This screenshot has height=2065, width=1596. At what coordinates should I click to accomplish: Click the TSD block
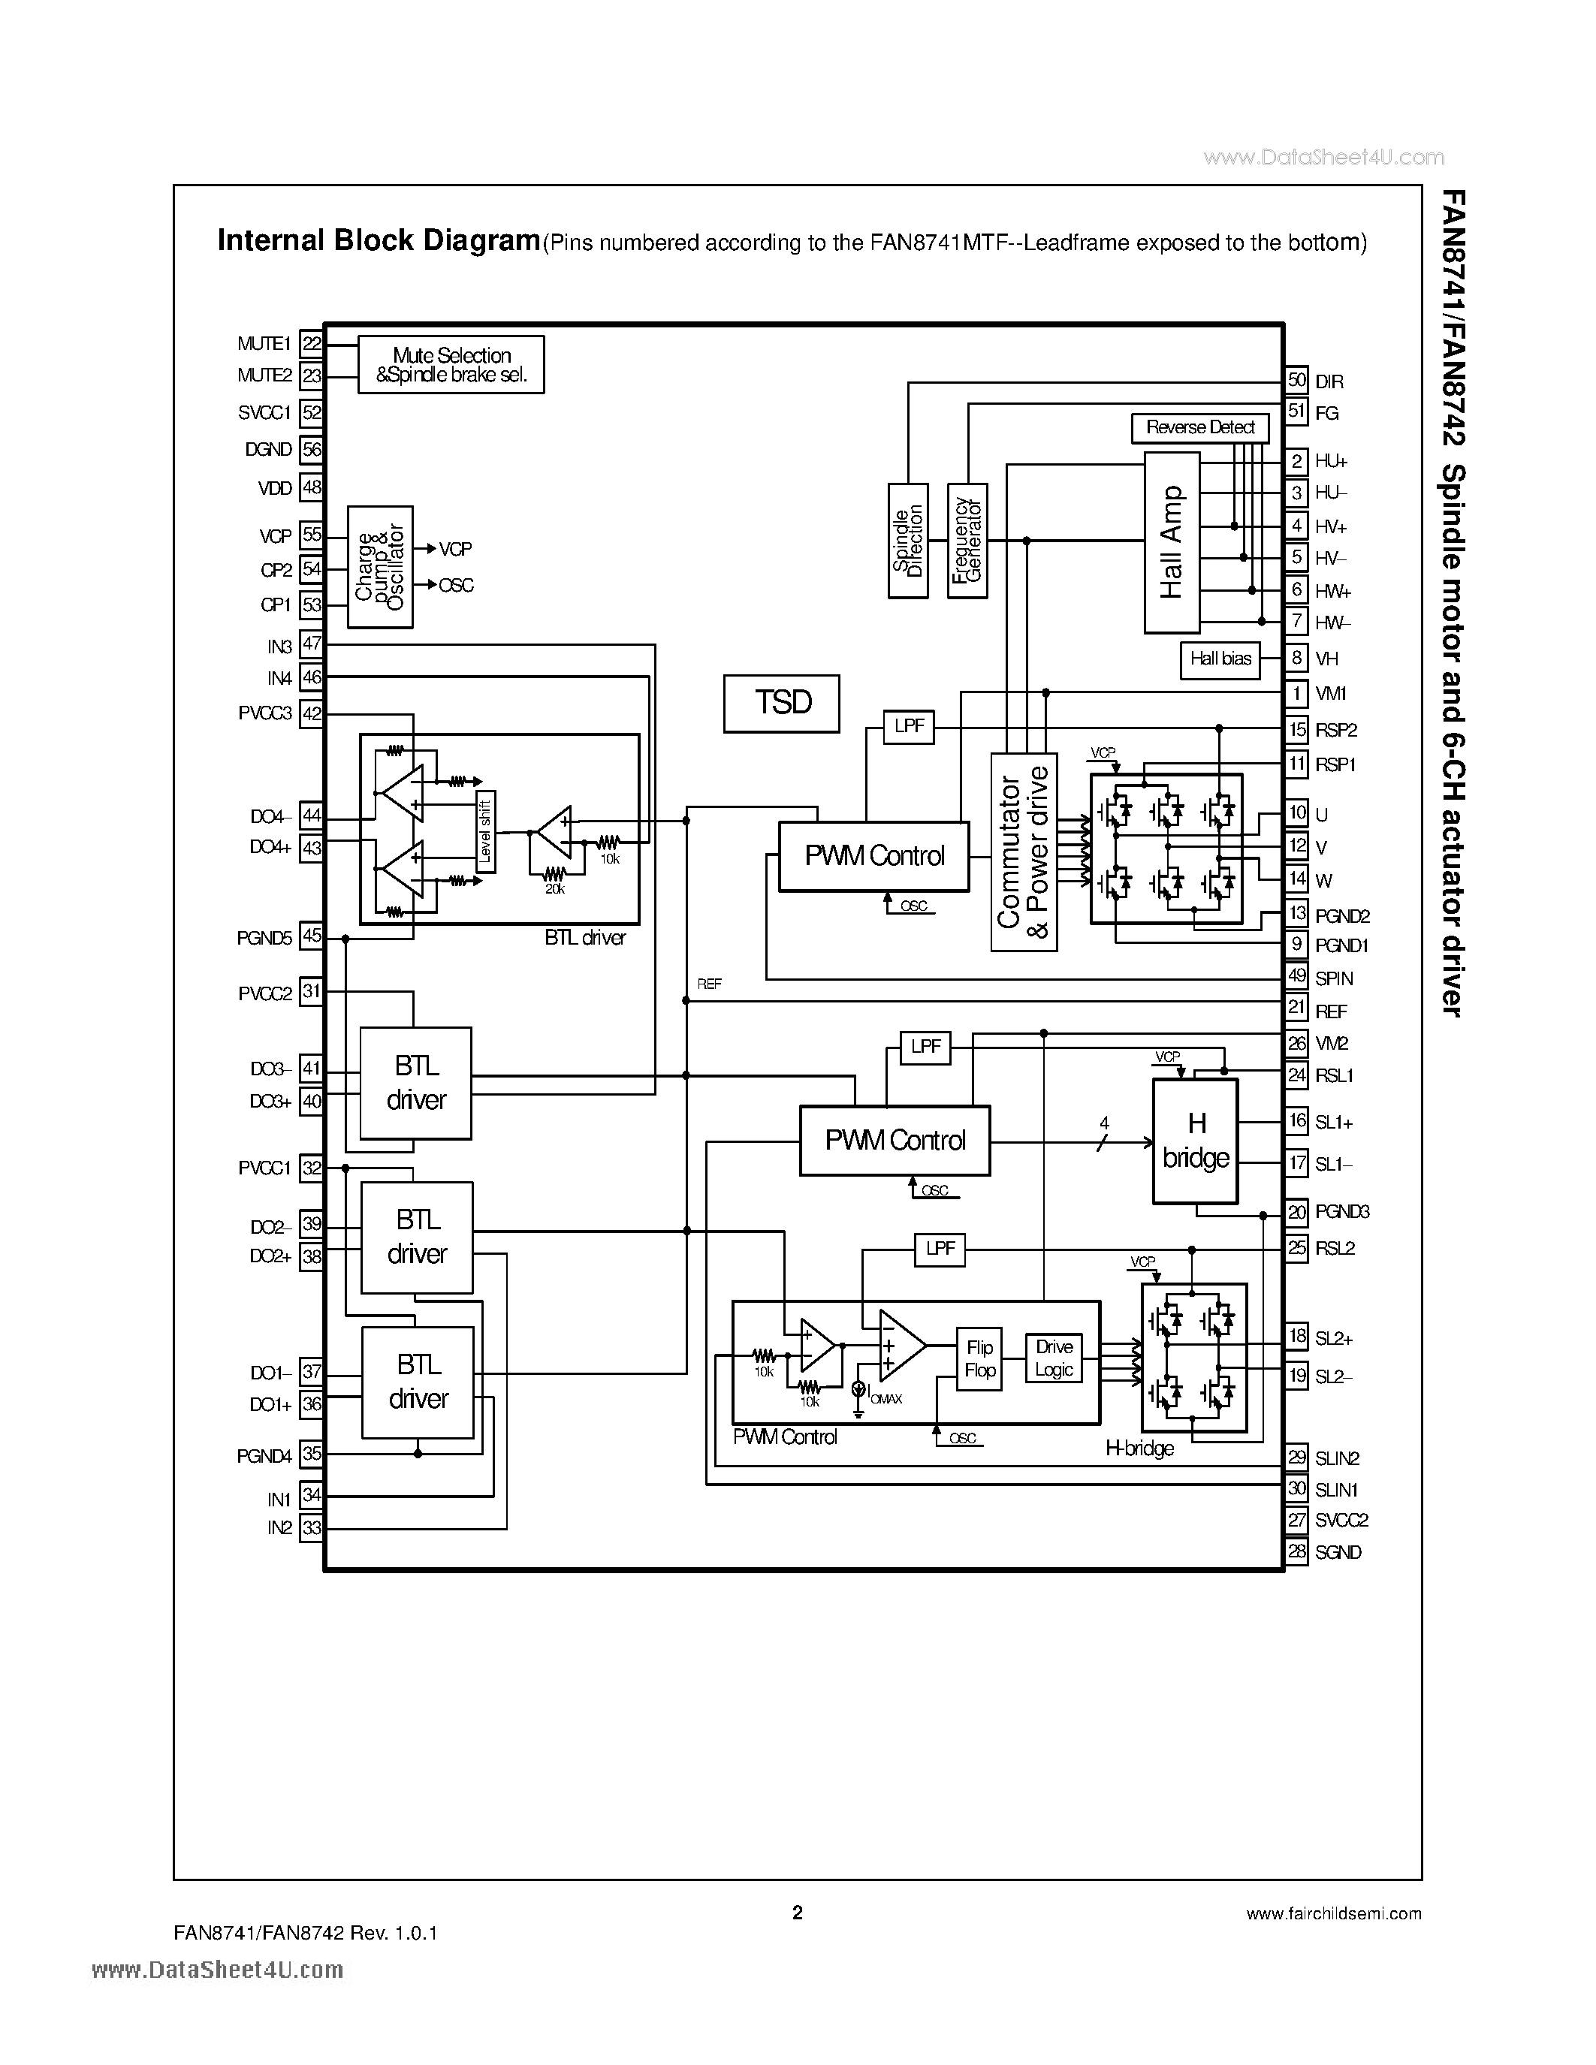click(781, 703)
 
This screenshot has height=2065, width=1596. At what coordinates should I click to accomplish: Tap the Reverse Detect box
click(1199, 427)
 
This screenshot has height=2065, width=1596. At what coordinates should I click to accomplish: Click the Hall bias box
click(1220, 659)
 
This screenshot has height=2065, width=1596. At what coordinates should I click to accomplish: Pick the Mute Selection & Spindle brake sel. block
click(451, 365)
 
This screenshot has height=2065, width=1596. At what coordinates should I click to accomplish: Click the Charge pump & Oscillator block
click(380, 566)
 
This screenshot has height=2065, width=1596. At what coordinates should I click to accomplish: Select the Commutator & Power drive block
click(1023, 851)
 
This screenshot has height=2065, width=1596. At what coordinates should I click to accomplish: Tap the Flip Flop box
click(979, 1358)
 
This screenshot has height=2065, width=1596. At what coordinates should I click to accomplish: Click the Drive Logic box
click(1053, 1358)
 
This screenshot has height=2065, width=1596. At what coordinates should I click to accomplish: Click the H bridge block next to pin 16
click(1195, 1141)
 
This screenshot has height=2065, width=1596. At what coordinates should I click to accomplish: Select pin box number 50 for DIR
click(1296, 380)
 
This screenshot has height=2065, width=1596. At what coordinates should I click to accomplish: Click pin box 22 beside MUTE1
click(311, 343)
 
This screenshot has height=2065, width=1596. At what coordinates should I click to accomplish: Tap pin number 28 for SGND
click(1296, 1551)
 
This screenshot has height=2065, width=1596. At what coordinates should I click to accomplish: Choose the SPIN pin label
click(1333, 978)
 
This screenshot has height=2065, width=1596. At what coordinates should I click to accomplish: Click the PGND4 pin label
click(264, 1456)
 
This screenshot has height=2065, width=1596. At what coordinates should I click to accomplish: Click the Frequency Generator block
click(967, 541)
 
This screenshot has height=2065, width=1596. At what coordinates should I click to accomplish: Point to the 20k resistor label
click(554, 890)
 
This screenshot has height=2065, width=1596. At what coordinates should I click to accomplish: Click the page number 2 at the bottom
click(797, 1913)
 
